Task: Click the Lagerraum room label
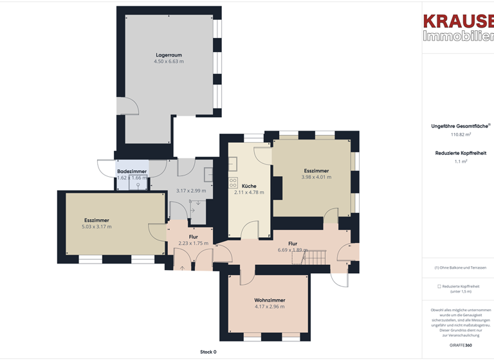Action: click(x=169, y=55)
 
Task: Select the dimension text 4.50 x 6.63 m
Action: click(x=169, y=62)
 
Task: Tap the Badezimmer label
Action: click(x=131, y=172)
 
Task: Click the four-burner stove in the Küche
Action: click(x=233, y=183)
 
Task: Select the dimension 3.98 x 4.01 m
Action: click(x=316, y=177)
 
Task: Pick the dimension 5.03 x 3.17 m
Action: click(x=96, y=226)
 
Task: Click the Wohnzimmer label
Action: click(x=270, y=300)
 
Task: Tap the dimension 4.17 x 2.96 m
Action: click(x=270, y=307)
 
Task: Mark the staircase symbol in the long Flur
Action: click(x=315, y=258)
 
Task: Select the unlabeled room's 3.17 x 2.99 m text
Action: click(x=191, y=191)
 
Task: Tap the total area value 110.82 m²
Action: click(x=461, y=135)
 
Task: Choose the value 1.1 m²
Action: click(x=461, y=161)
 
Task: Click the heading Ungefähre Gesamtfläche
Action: click(x=459, y=127)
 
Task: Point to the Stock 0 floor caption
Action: click(x=208, y=352)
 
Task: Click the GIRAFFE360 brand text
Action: click(x=461, y=345)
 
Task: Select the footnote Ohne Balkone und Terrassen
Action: click(x=461, y=267)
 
